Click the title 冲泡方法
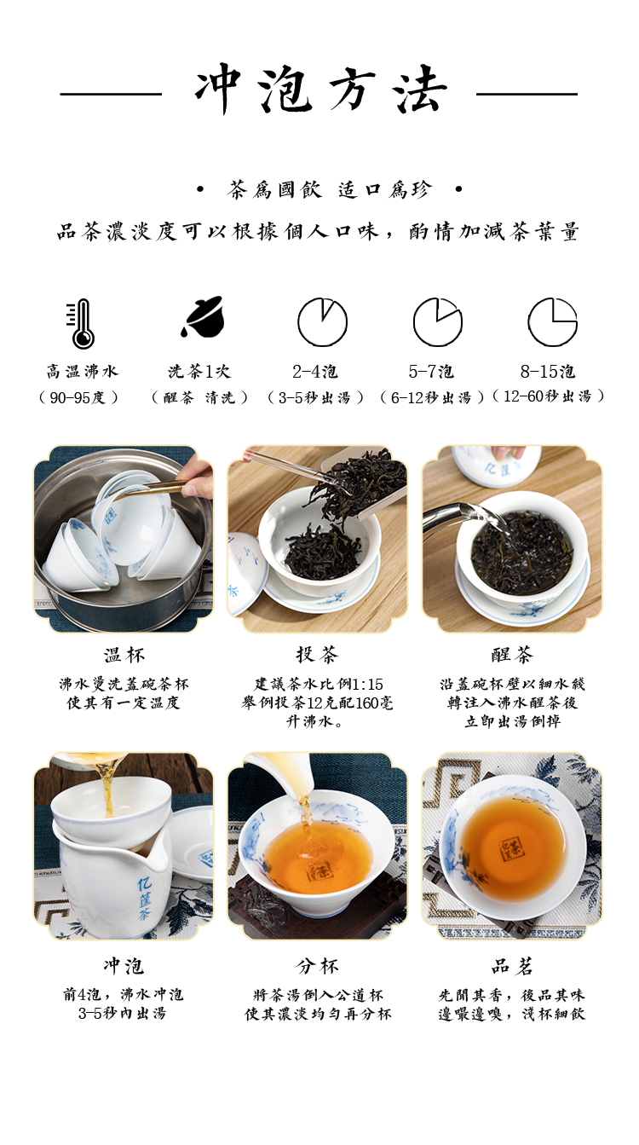click(320, 90)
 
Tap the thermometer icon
click(81, 324)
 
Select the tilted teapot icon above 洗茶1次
click(203, 317)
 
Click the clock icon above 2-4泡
click(322, 322)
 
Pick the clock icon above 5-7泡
click(438, 322)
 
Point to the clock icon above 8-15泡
click(552, 322)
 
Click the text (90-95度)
click(79, 397)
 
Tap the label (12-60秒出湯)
click(548, 396)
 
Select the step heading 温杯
click(124, 655)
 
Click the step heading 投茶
click(317, 654)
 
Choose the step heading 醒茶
click(512, 654)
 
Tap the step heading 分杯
click(317, 966)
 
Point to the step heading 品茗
click(512, 966)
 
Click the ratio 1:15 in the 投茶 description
click(367, 684)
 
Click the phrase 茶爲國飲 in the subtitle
click(274, 189)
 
